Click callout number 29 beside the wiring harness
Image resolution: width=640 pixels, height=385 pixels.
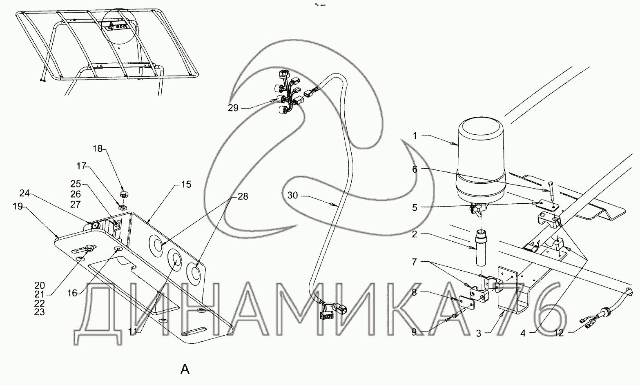click(233, 108)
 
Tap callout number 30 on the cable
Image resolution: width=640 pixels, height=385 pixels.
click(292, 196)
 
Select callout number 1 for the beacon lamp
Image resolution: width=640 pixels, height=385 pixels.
click(415, 136)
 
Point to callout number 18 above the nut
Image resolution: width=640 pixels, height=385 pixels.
click(98, 149)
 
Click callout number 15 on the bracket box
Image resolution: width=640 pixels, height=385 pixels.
click(186, 185)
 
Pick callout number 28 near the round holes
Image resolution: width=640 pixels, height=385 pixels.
click(243, 196)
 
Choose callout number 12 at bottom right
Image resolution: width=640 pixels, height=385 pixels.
click(559, 333)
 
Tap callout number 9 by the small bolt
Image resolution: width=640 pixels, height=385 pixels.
click(414, 332)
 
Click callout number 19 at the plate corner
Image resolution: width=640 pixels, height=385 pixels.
click(18, 206)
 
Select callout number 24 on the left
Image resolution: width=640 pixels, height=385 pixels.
click(25, 194)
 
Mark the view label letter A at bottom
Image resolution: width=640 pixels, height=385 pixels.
click(185, 369)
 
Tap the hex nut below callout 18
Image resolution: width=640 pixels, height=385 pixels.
click(124, 194)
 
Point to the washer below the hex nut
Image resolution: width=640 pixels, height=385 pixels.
click(123, 207)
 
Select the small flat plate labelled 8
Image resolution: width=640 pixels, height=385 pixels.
click(466, 302)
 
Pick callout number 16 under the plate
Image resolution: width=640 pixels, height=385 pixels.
click(73, 293)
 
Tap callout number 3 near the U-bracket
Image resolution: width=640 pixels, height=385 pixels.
click(479, 333)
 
